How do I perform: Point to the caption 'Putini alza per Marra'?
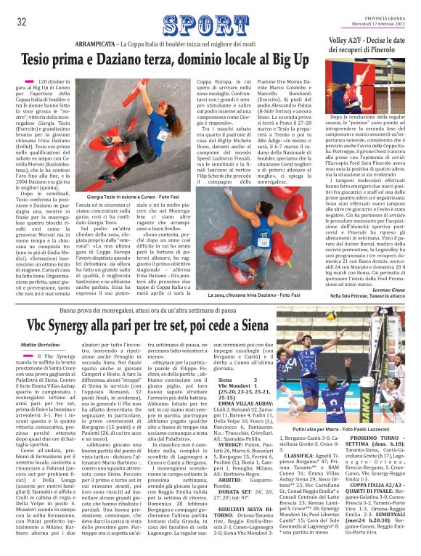coord(342,429)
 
